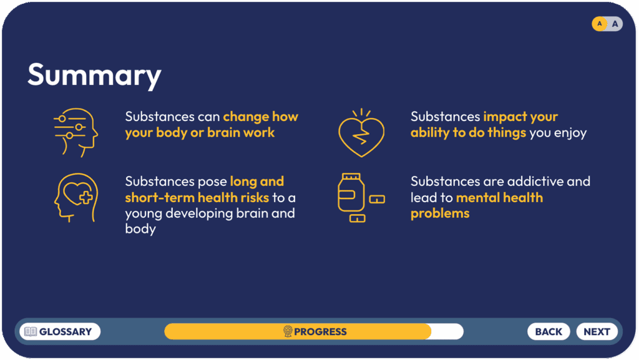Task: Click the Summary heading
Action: coord(95,75)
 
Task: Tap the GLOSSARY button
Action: coord(60,331)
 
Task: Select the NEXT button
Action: coord(597,331)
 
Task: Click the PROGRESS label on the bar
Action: coord(320,331)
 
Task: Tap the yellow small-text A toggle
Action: coord(600,24)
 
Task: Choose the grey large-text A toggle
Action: coord(615,24)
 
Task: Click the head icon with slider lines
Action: coord(76,132)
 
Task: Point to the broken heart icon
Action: coord(361,133)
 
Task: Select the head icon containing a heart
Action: coord(76,198)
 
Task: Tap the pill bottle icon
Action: coord(361,198)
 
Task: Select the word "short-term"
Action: coord(160,198)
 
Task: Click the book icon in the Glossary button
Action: coord(31,331)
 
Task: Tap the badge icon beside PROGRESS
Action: coord(288,331)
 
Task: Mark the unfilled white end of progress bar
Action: coord(447,331)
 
